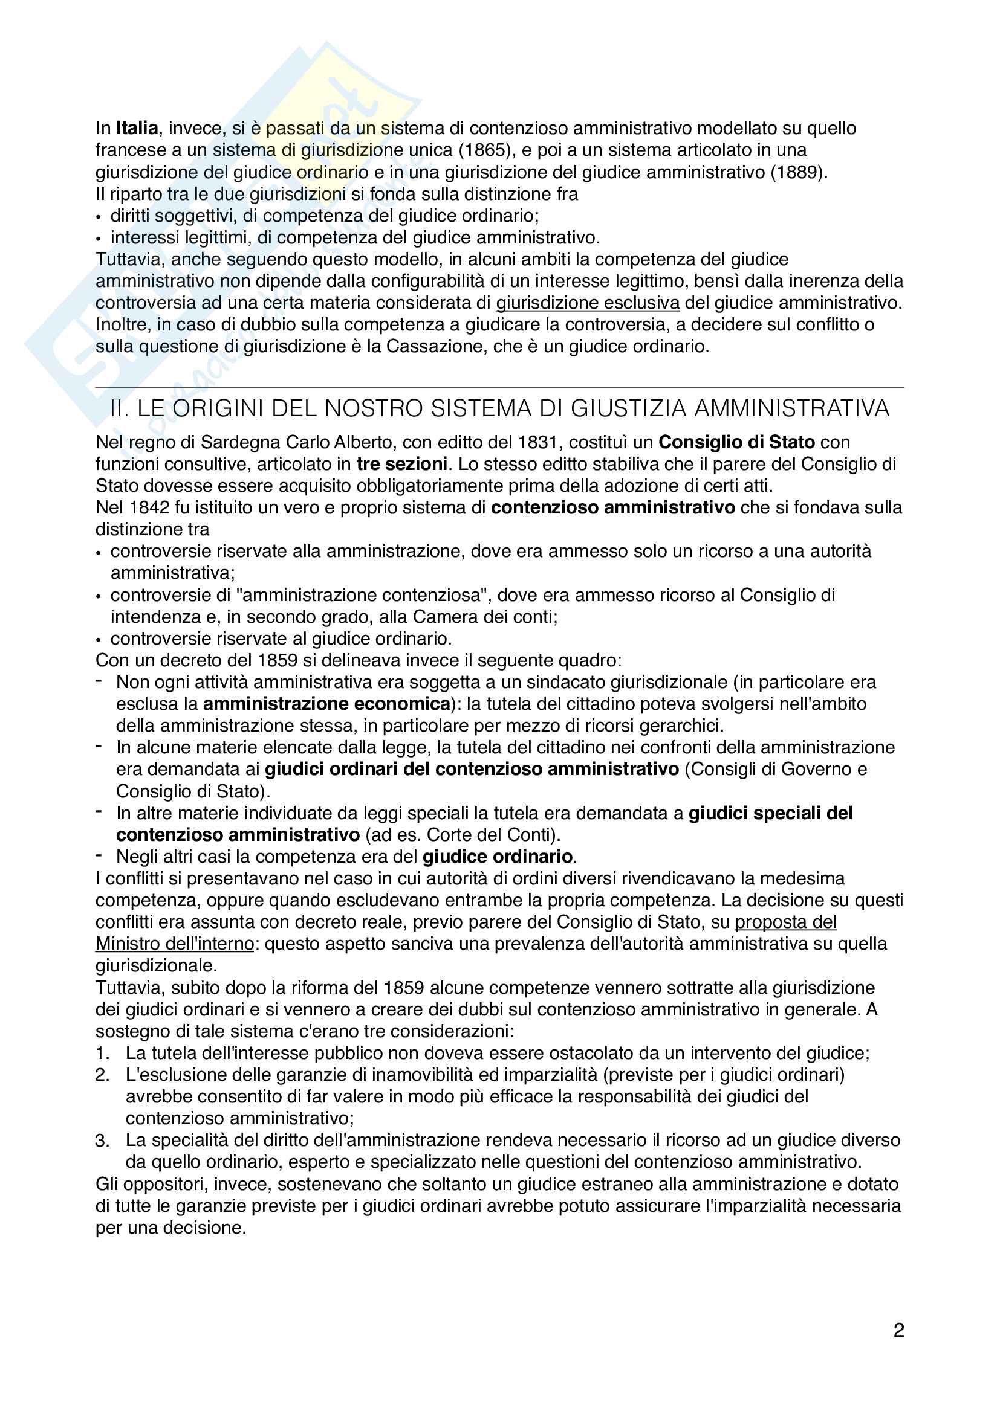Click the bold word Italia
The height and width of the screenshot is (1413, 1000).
coord(137,128)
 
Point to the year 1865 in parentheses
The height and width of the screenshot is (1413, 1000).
coord(485,150)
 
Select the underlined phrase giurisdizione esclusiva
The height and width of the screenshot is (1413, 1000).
coord(588,303)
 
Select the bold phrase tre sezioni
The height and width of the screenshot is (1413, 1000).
coord(401,464)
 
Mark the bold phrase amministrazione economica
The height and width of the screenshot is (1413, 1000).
coord(326,704)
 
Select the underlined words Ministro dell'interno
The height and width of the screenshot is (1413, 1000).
coord(174,944)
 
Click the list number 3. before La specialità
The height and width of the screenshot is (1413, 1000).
coord(102,1141)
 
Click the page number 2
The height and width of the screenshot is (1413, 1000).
coord(898,1330)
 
